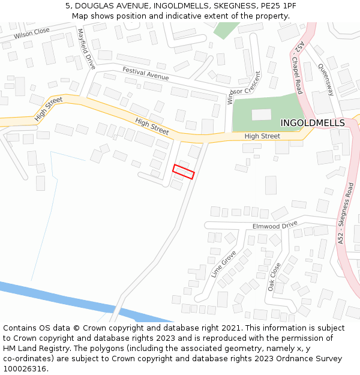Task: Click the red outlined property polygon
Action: click(184, 172)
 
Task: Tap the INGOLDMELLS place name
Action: click(313, 123)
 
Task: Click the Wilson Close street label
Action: click(32, 33)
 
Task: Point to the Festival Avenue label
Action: click(146, 74)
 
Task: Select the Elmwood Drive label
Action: click(275, 226)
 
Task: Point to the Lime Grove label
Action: click(224, 264)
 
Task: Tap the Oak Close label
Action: click(275, 277)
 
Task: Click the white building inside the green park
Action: click(261, 115)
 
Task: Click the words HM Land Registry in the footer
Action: click(33, 348)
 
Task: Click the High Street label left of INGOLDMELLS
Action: click(262, 136)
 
